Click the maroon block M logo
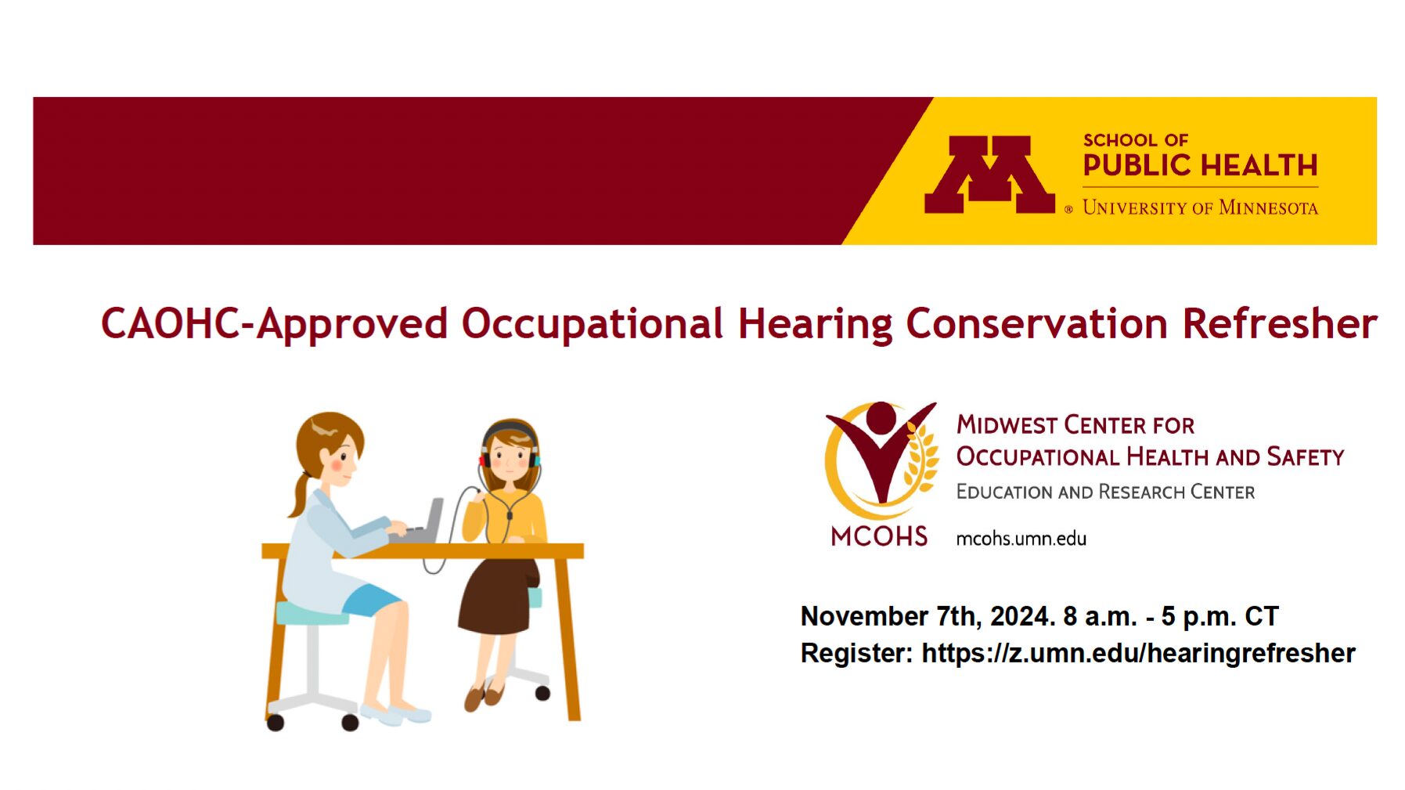coord(989,174)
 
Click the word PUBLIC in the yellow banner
coord(1137,165)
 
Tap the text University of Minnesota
coord(1200,207)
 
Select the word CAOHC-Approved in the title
coord(274,323)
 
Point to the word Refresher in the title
coord(1280,323)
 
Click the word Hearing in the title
coord(815,324)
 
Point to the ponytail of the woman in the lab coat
coord(301,494)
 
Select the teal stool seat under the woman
coord(312,613)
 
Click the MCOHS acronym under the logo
coord(879,536)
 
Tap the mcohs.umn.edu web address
coord(1021,539)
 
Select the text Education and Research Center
coord(1105,492)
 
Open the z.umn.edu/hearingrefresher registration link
coord(1138,653)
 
